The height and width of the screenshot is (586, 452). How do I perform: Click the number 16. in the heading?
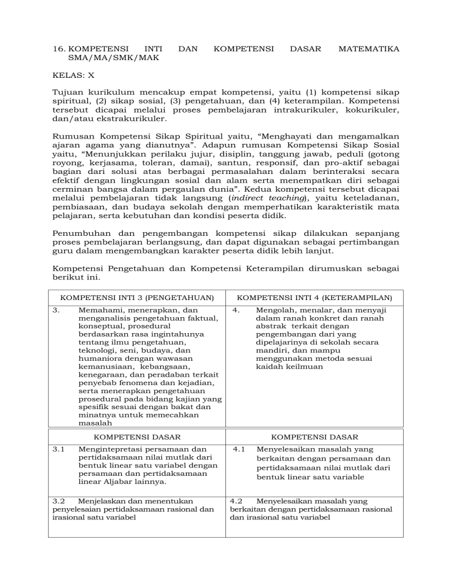59,50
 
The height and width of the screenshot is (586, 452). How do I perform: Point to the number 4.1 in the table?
239,449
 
